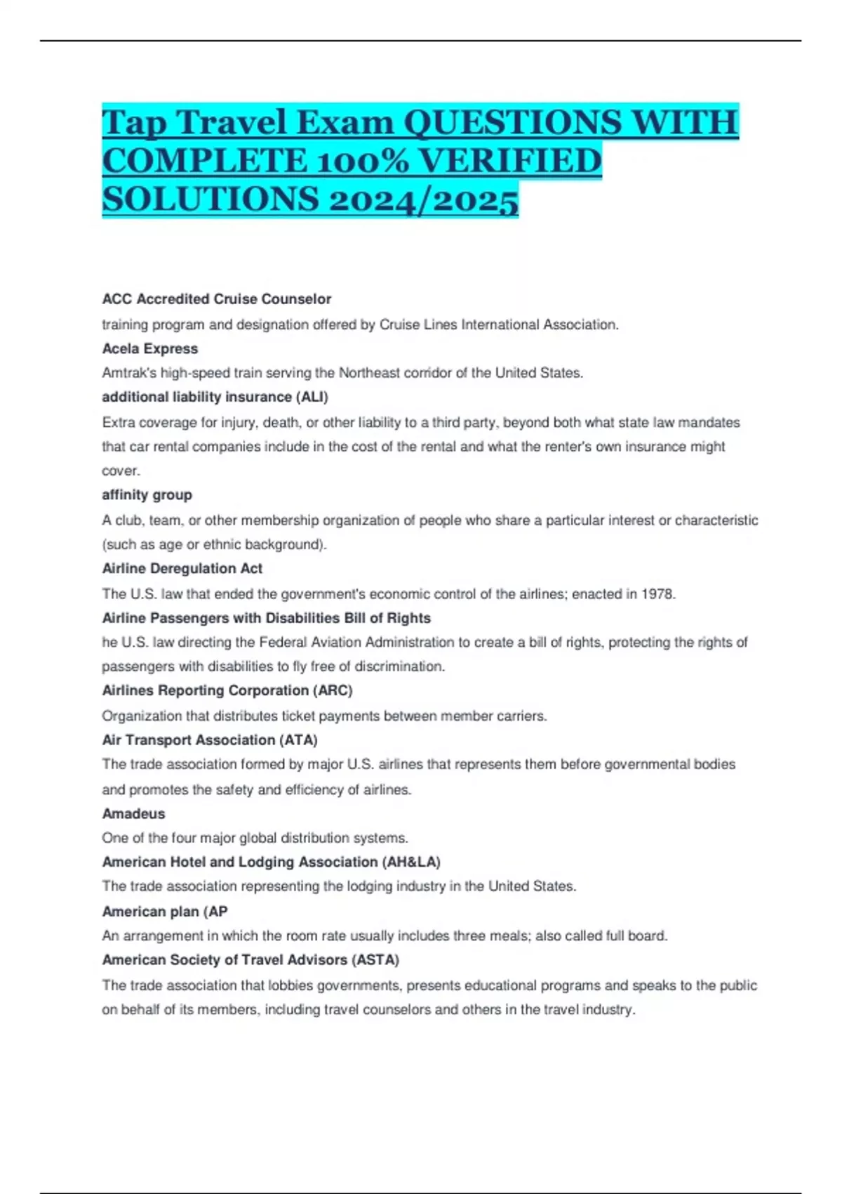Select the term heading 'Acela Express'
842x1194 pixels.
(x=150, y=348)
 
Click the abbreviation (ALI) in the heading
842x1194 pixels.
(x=312, y=397)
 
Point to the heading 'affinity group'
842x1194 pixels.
(x=147, y=494)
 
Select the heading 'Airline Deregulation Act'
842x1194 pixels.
(x=182, y=568)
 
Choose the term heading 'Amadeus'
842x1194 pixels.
(x=133, y=813)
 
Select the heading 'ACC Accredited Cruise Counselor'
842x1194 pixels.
(x=216, y=298)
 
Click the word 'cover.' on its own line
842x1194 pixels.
(x=121, y=471)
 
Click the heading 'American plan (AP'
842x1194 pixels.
(x=164, y=911)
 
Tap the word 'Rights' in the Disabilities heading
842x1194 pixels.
(x=409, y=618)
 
